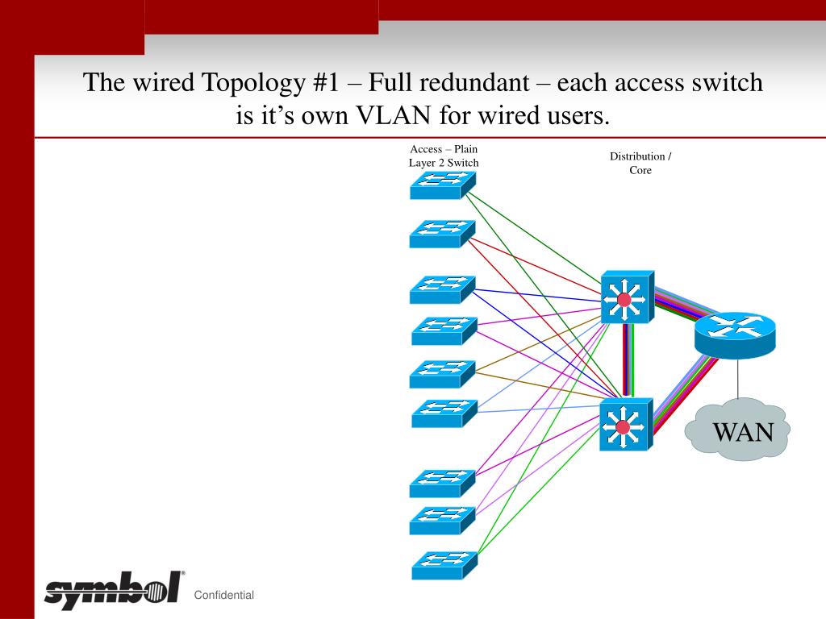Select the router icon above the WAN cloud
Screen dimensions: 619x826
735,332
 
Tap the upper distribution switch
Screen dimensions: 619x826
627,297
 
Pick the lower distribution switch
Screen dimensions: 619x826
626,425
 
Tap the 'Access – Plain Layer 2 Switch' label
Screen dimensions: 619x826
443,156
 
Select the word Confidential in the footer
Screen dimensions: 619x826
224,595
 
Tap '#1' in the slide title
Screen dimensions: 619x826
321,83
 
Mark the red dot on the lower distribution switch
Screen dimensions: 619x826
622,428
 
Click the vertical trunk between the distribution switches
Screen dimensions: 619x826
628,361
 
